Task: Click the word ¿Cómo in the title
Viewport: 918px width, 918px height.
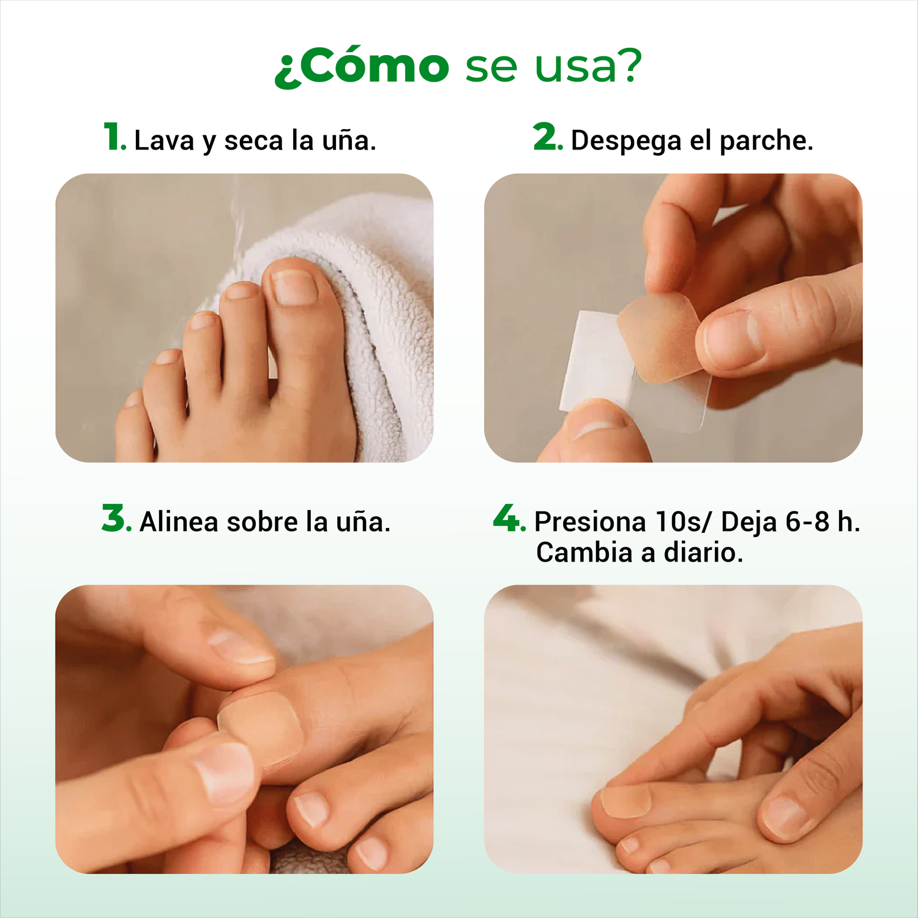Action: pos(362,66)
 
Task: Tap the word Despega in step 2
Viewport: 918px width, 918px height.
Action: pos(625,141)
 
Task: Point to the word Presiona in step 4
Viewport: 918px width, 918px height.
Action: pos(590,522)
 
